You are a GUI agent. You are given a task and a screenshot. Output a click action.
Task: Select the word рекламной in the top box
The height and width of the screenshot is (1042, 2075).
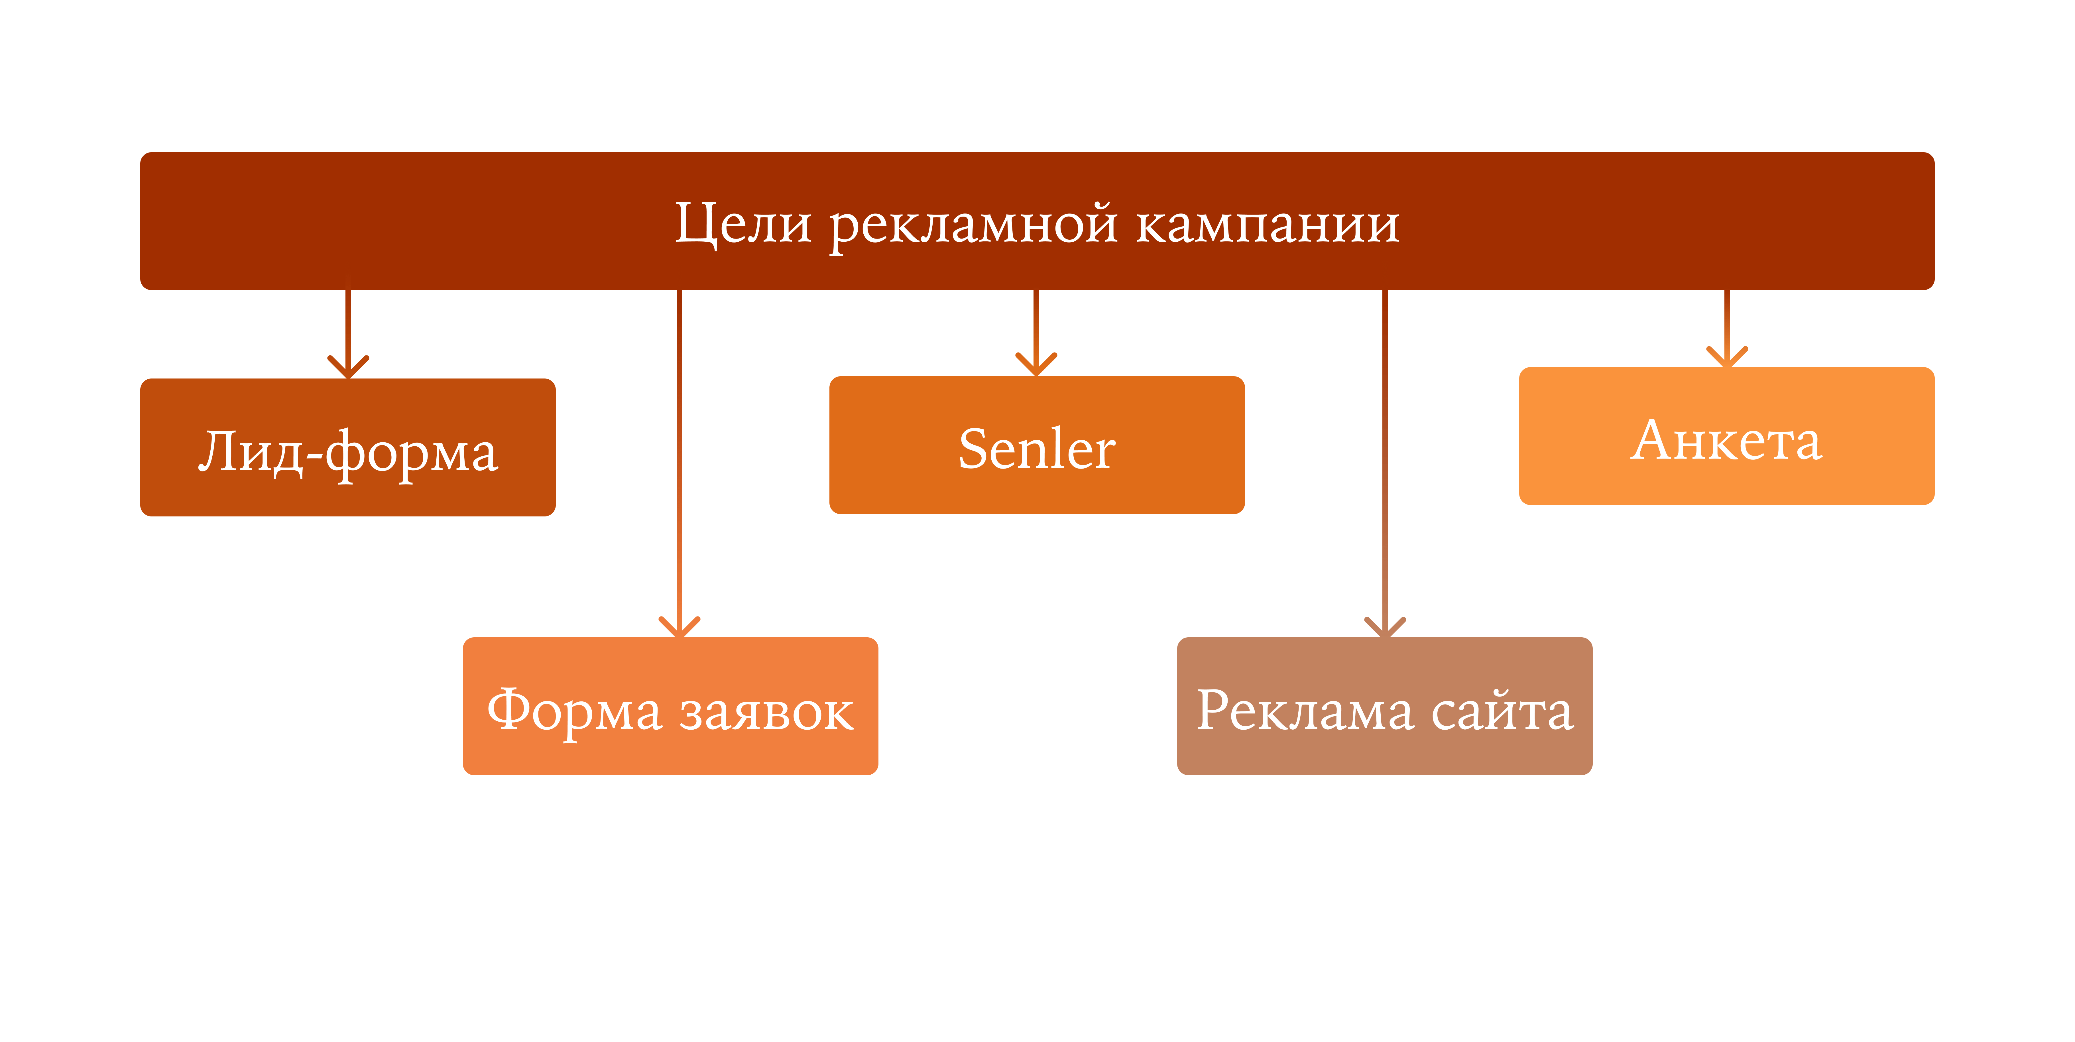click(973, 225)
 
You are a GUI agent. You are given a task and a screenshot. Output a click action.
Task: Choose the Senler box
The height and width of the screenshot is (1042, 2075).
click(1037, 445)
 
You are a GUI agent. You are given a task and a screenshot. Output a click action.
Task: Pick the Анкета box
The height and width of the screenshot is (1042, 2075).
click(1726, 436)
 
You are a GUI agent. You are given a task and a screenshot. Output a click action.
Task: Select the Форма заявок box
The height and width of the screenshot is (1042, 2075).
click(670, 706)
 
